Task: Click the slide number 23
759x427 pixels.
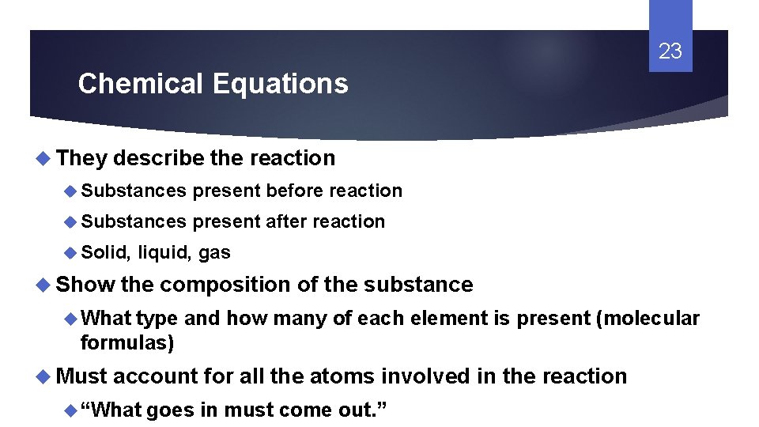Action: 670,52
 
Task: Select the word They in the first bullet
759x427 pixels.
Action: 81,158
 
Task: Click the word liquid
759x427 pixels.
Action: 164,253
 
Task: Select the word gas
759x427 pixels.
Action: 214,253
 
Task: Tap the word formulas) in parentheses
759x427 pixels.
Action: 127,342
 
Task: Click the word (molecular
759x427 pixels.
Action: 648,318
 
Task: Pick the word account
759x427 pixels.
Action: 155,376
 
